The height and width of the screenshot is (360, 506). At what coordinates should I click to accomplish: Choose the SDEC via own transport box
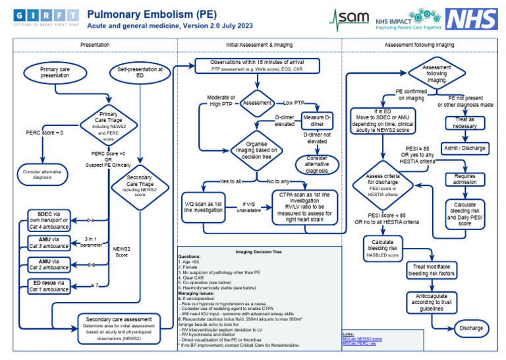(51, 218)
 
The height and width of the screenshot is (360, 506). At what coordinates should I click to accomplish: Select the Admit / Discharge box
(464, 148)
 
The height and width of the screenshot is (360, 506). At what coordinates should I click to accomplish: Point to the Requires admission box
(464, 180)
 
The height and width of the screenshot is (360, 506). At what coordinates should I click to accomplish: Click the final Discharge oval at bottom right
(470, 328)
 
